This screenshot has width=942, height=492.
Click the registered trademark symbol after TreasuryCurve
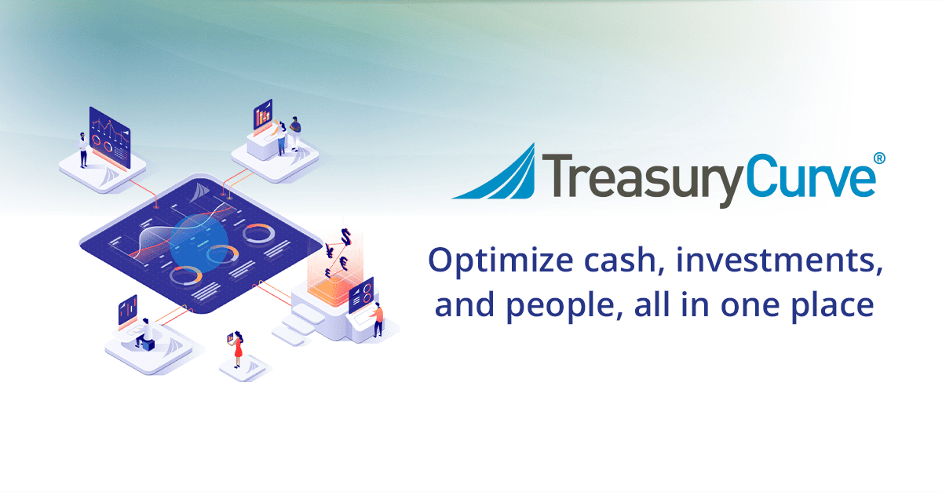[879, 158]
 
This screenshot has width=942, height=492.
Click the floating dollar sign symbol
[345, 236]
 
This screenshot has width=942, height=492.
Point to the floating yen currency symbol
[330, 252]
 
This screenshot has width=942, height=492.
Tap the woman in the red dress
[238, 349]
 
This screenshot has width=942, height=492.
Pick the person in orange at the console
[378, 319]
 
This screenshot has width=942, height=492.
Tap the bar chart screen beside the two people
[262, 116]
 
